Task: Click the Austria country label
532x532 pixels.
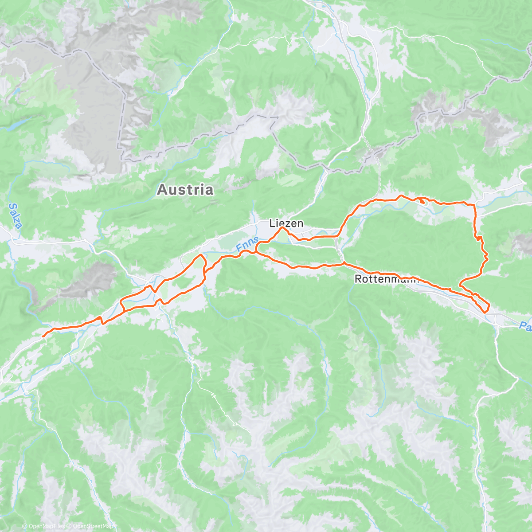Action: pyautogui.click(x=185, y=190)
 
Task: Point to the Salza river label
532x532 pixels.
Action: pyautogui.click(x=14, y=216)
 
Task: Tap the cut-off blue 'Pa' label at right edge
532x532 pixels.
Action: pyautogui.click(x=525, y=327)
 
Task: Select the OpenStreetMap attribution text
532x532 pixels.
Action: pyautogui.click(x=93, y=526)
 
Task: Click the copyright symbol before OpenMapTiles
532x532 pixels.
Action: pyautogui.click(x=25, y=526)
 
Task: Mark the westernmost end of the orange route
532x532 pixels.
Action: pyautogui.click(x=43, y=336)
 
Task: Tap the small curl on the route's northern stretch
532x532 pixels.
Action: pyautogui.click(x=422, y=201)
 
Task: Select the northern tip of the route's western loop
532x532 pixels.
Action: pyautogui.click(x=202, y=255)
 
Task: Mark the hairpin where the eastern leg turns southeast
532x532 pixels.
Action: pyautogui.click(x=462, y=282)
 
